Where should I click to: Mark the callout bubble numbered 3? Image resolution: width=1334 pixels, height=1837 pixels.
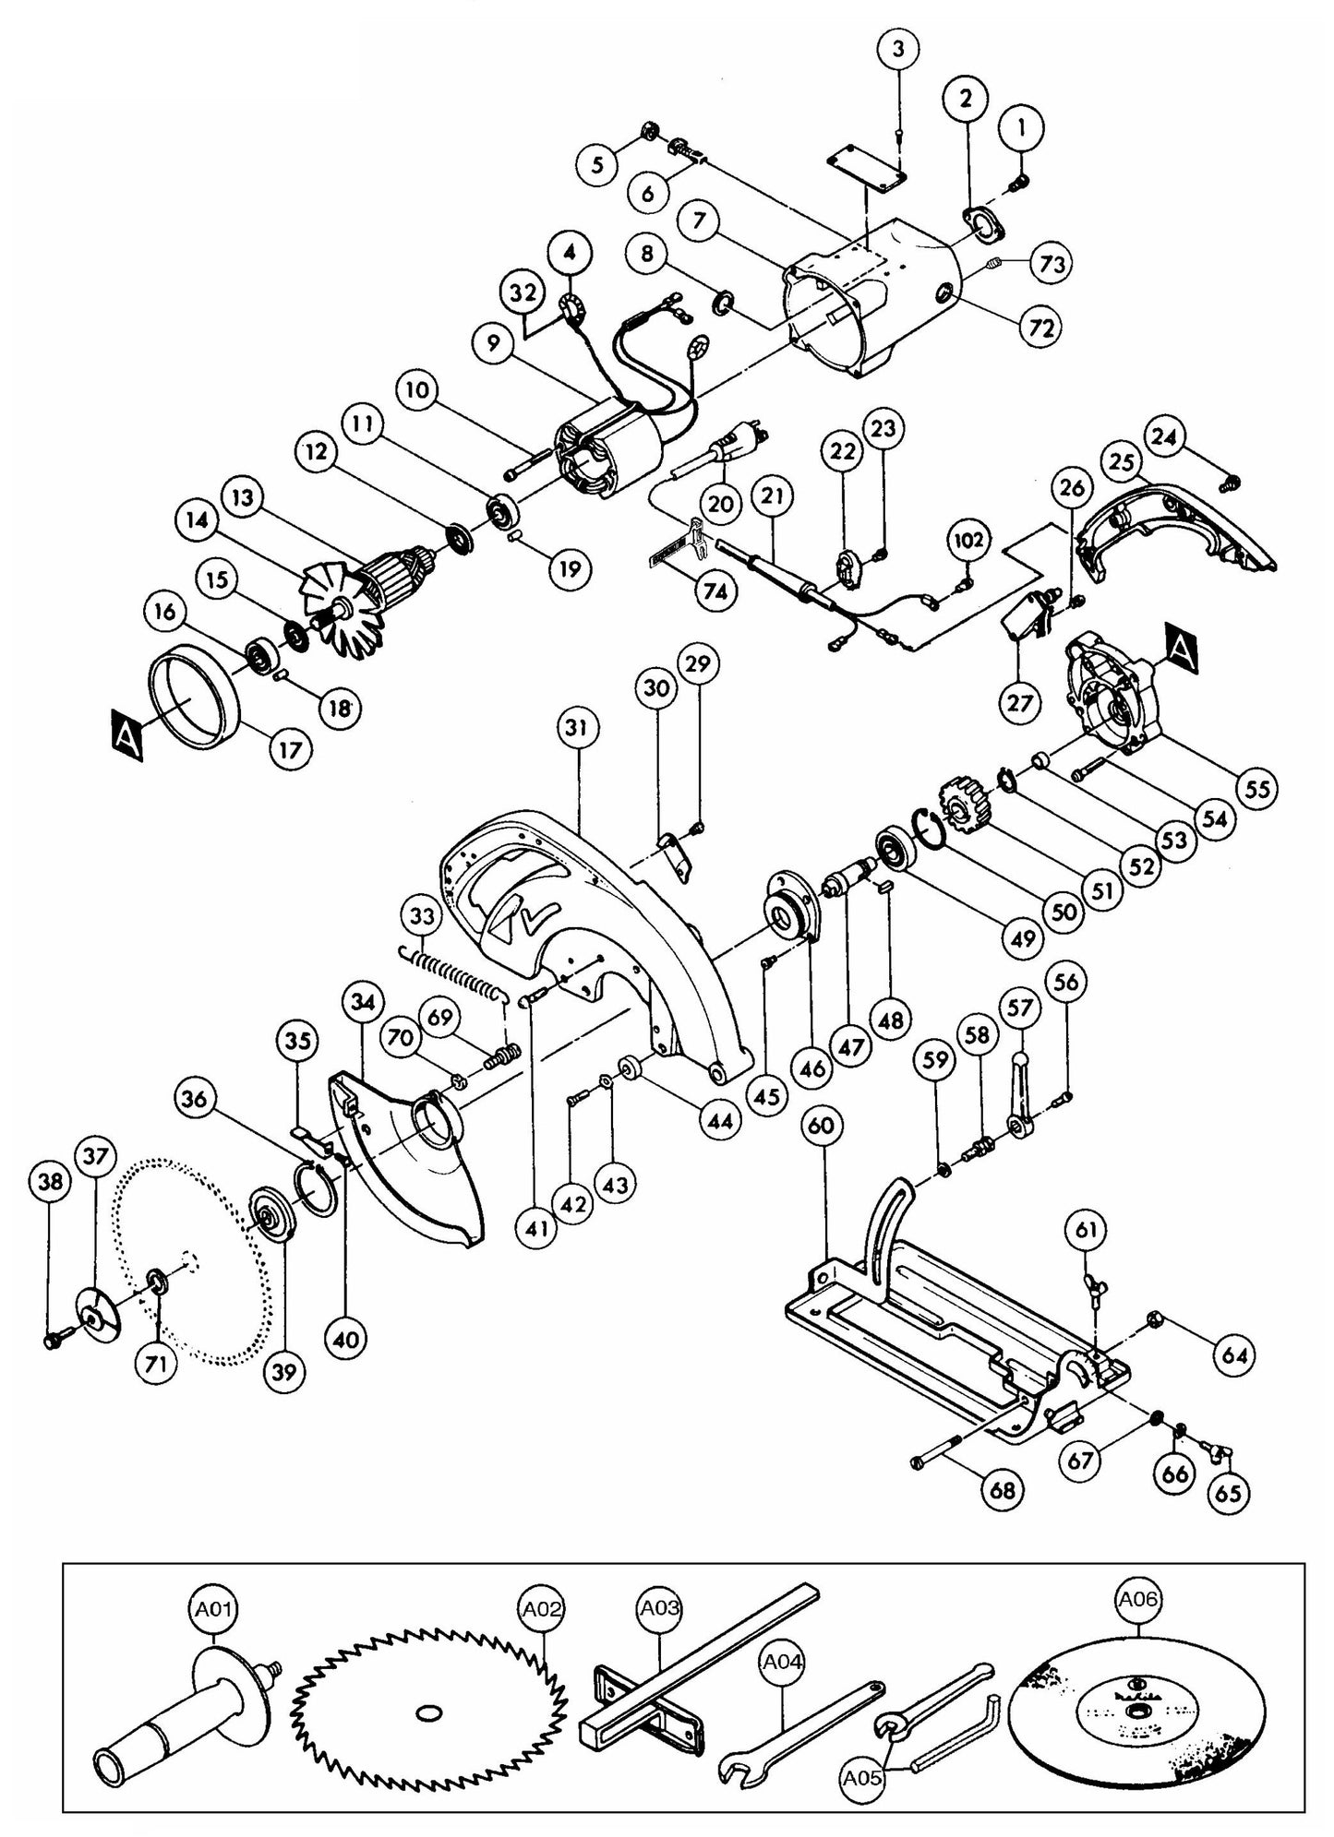[x=900, y=52]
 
